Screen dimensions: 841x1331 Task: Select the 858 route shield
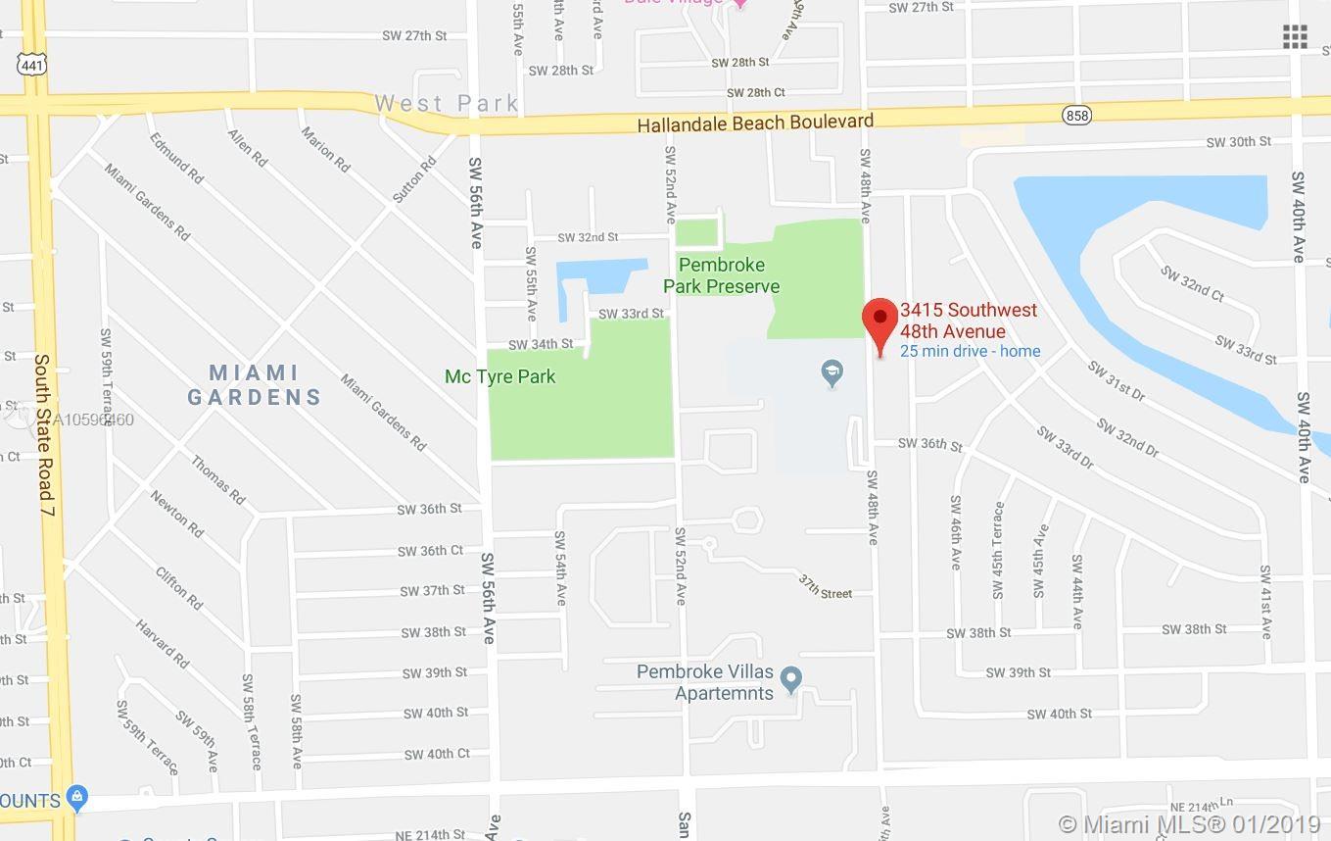pyautogui.click(x=1075, y=116)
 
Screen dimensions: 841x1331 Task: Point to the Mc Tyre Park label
pyautogui.click(x=499, y=376)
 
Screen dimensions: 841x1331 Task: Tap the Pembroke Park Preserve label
pyautogui.click(x=722, y=275)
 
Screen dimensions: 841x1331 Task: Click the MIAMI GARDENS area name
pyautogui.click(x=255, y=385)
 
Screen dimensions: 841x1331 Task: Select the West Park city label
pyautogui.click(x=446, y=103)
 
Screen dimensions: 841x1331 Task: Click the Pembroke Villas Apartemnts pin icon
pyautogui.click(x=793, y=678)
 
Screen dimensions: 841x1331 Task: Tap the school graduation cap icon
pyautogui.click(x=832, y=372)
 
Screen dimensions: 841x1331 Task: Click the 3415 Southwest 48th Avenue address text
pyautogui.click(x=968, y=321)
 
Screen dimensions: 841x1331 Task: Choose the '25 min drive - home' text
pyautogui.click(x=970, y=351)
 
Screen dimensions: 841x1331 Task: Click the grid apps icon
pyautogui.click(x=1295, y=37)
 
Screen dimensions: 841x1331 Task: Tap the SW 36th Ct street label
pyautogui.click(x=430, y=551)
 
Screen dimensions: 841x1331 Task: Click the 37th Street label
pyautogui.click(x=824, y=587)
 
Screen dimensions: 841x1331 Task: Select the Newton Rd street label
pyautogui.click(x=177, y=513)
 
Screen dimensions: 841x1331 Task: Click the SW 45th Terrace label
pyautogui.click(x=998, y=550)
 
